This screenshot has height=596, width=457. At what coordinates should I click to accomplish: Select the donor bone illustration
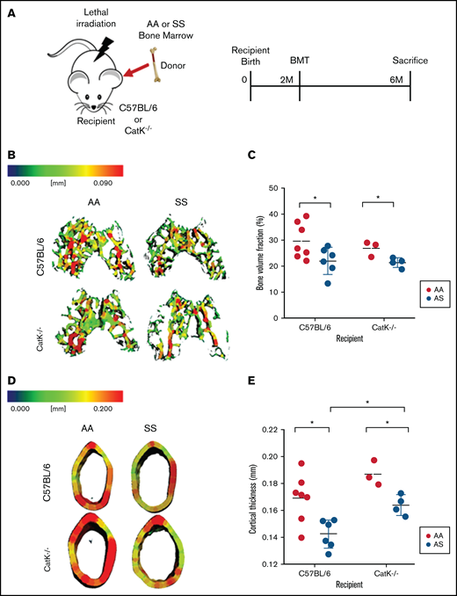[158, 67]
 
